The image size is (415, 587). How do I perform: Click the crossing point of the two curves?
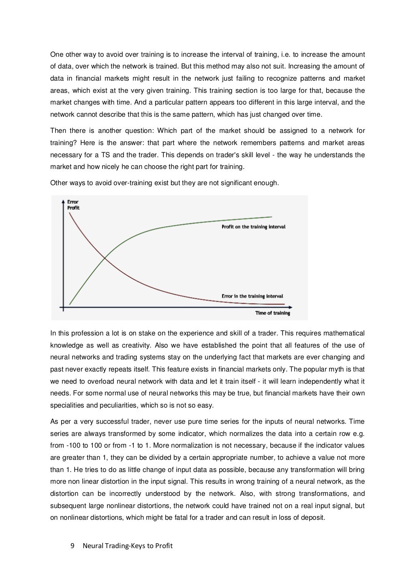pyautogui.click(x=105, y=257)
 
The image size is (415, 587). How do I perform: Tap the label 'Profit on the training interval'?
pyautogui.click(x=253, y=227)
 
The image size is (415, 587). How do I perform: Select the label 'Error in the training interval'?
pyautogui.click(x=252, y=296)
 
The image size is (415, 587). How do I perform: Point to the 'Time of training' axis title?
pyautogui.click(x=272, y=313)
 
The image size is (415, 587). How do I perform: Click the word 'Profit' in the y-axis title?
pyautogui.click(x=73, y=208)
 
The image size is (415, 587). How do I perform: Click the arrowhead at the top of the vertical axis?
pyautogui.click(x=63, y=201)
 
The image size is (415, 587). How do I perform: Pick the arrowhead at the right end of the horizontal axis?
pyautogui.click(x=290, y=307)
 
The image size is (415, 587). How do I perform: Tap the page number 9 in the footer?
pyautogui.click(x=73, y=546)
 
